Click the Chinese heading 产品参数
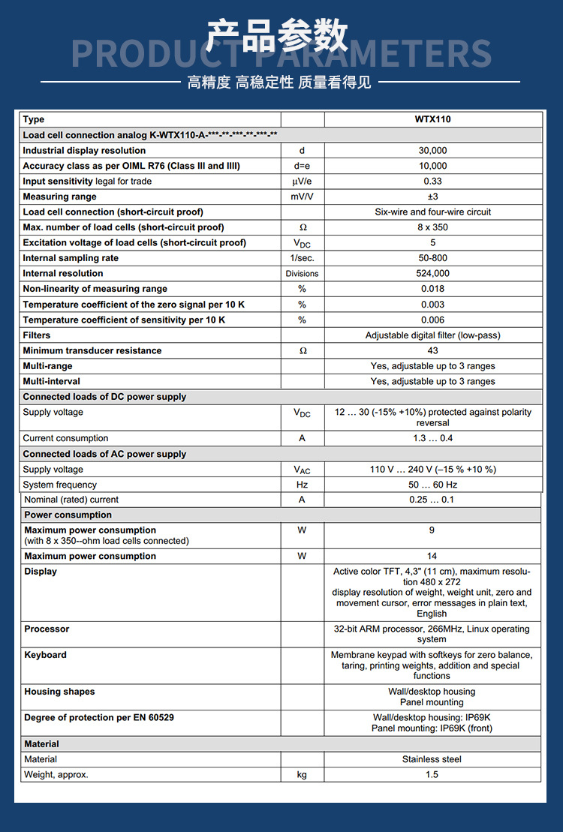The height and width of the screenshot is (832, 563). (x=278, y=36)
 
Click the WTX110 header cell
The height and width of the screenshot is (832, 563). (x=432, y=119)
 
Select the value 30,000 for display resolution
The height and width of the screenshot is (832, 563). (x=432, y=151)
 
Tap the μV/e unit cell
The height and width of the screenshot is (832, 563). (x=303, y=182)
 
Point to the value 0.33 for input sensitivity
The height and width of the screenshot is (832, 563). (x=432, y=182)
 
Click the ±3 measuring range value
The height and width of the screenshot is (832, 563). (x=432, y=197)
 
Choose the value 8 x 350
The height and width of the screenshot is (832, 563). (x=432, y=227)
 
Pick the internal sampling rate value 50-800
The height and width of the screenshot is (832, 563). (x=432, y=258)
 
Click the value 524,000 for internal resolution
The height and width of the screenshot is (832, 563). (x=432, y=274)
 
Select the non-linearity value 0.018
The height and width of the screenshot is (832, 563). (x=432, y=289)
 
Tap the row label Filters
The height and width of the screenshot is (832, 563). (x=37, y=335)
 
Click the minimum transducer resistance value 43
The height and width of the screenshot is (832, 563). (x=432, y=351)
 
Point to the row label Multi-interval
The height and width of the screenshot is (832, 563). (x=53, y=382)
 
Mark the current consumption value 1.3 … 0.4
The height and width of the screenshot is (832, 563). (x=432, y=438)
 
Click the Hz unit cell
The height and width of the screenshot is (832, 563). (x=303, y=485)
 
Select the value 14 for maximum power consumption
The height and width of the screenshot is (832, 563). (x=432, y=556)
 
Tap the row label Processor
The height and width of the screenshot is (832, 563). (x=47, y=629)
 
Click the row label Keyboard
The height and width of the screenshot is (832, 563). (x=46, y=655)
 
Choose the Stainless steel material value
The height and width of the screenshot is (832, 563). (x=432, y=759)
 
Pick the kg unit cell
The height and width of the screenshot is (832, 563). (x=303, y=775)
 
